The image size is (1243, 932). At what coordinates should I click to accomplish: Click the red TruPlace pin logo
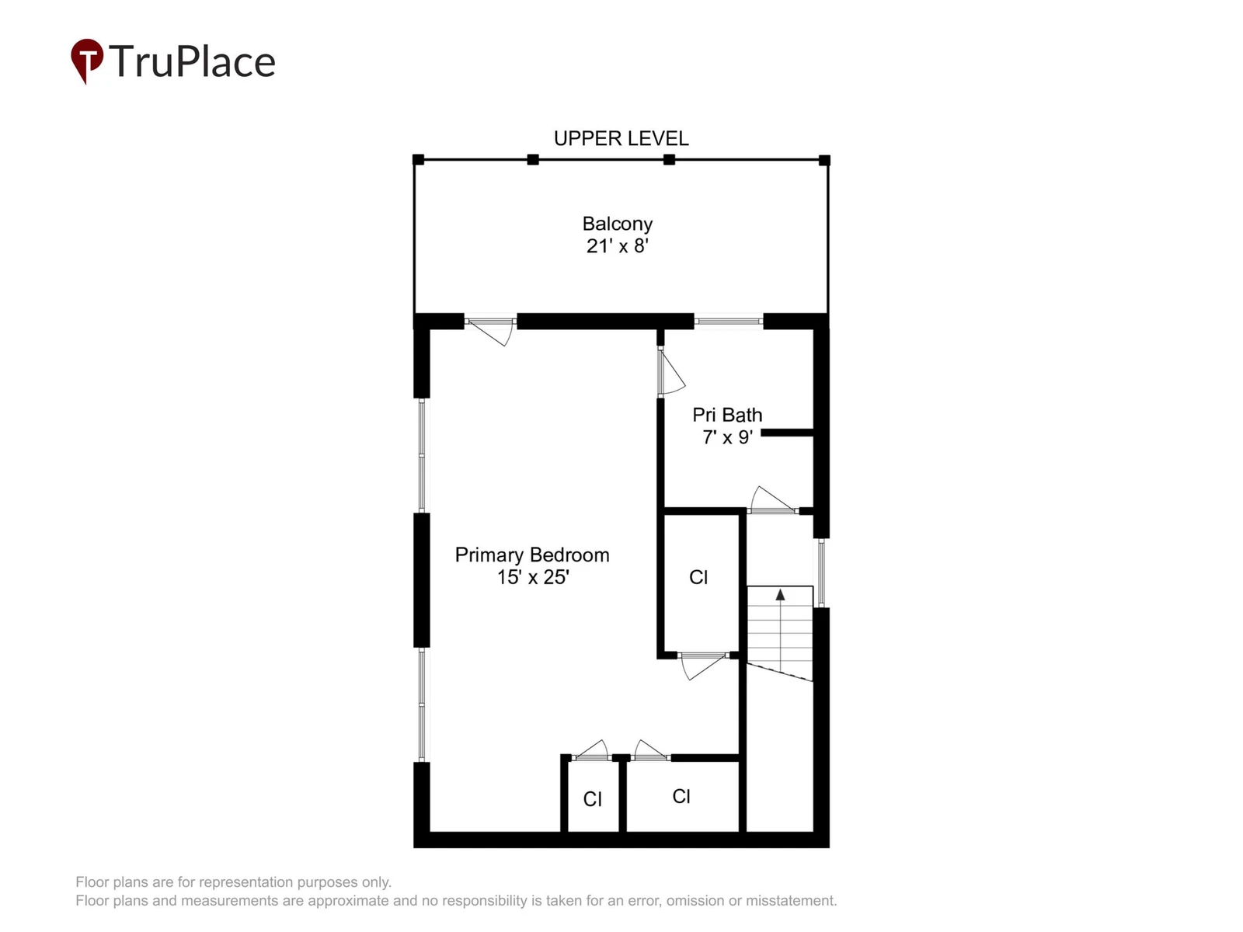[87, 61]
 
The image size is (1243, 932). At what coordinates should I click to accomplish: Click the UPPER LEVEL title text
[621, 139]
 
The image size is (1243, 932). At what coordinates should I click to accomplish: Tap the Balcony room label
[618, 224]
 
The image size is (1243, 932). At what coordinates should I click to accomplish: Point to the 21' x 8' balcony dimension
[618, 246]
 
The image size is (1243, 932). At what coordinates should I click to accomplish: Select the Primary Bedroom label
[532, 555]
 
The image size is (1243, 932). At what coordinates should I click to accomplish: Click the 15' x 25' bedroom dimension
[533, 577]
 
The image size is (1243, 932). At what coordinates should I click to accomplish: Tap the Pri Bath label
[727, 416]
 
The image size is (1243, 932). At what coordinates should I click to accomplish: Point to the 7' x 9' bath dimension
[728, 437]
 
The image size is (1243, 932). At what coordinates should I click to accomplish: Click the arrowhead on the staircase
[780, 595]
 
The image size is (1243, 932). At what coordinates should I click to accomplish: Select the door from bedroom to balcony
[490, 331]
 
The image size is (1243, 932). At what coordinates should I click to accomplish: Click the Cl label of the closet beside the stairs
[698, 577]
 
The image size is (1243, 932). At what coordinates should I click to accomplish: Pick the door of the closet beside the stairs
[704, 666]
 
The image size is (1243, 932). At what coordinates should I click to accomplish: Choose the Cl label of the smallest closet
[592, 800]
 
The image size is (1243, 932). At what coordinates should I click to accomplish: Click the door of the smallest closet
[591, 750]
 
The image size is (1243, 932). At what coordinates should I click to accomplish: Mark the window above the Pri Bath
[729, 322]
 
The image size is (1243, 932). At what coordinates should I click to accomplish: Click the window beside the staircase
[821, 573]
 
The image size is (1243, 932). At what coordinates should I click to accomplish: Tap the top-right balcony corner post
[824, 160]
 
